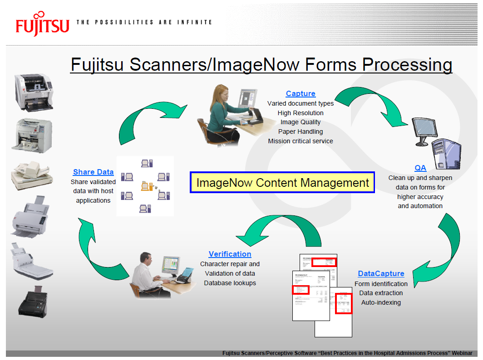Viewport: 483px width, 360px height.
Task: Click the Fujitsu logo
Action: point(42,25)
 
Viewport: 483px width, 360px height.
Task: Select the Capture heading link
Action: point(301,94)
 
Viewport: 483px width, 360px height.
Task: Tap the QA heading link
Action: point(420,168)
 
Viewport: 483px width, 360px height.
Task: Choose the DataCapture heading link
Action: point(381,273)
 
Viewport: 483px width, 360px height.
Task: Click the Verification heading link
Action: point(230,254)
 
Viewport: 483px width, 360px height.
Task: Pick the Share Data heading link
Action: point(93,172)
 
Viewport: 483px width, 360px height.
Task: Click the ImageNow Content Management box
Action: point(282,183)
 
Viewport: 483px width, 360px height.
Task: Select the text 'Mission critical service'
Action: point(301,141)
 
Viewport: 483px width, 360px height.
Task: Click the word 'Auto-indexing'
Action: point(381,302)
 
